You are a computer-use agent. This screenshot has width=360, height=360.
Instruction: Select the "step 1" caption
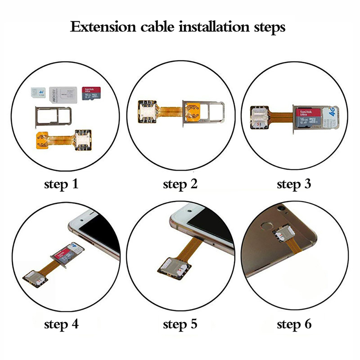tap(61, 184)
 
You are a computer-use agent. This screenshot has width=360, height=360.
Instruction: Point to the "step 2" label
tap(180, 184)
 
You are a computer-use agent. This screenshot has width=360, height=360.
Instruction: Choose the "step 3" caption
tap(294, 184)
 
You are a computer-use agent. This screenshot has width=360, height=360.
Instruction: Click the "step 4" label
tap(61, 324)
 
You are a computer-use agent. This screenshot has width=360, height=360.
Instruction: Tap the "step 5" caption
tap(180, 324)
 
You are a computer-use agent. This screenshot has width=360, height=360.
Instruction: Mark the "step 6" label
tap(294, 324)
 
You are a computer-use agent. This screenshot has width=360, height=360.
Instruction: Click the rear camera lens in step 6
tap(282, 209)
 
